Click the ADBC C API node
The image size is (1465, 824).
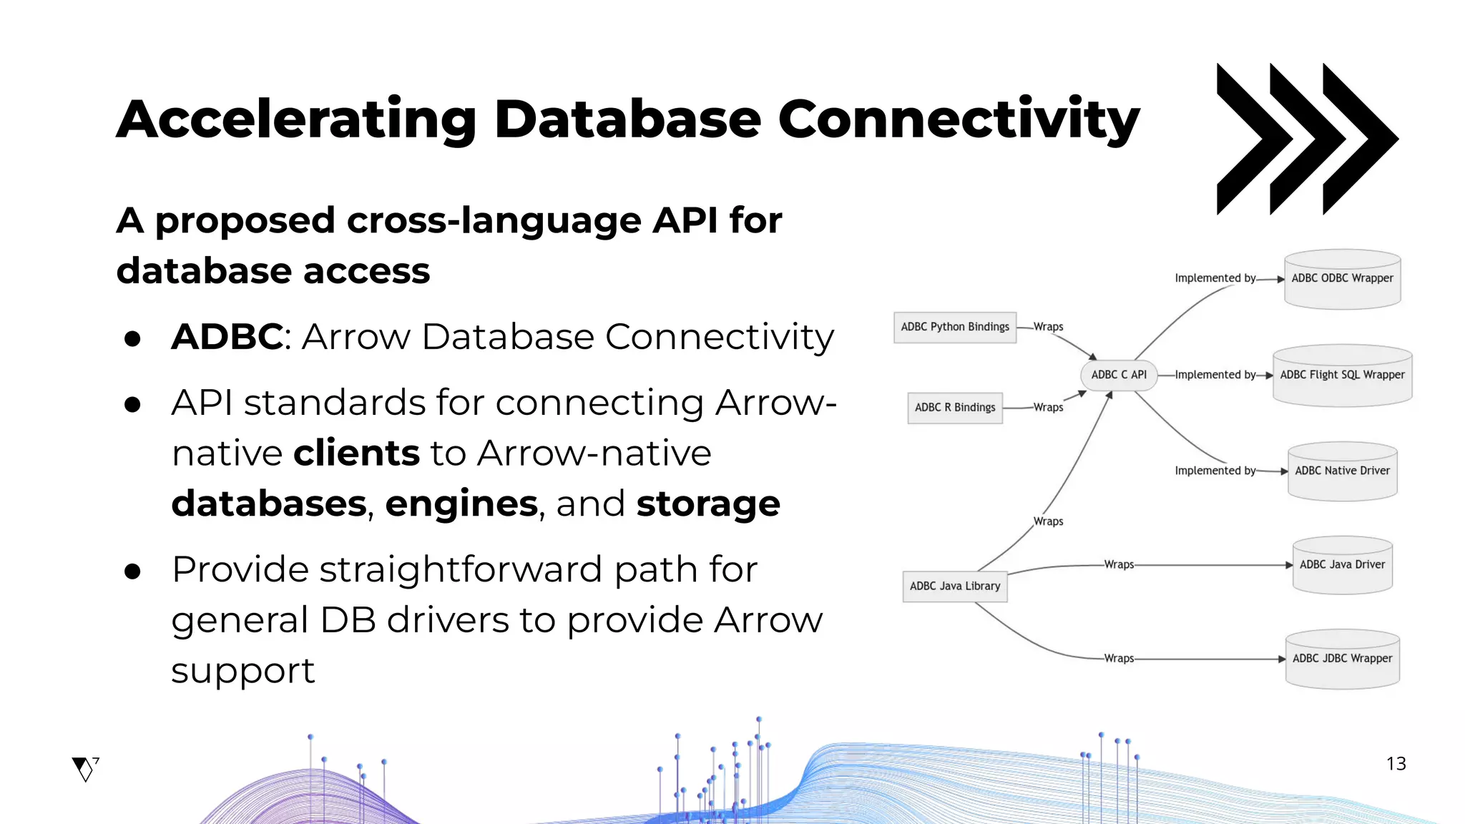(1119, 375)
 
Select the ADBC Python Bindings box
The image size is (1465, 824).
(955, 327)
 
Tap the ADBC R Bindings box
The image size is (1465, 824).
(955, 408)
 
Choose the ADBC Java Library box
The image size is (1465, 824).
(955, 586)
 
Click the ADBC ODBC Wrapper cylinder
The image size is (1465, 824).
(1342, 280)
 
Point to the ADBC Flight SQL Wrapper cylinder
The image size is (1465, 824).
(1342, 376)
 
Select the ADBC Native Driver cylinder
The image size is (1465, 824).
(1342, 471)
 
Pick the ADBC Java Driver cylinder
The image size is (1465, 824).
(1342, 565)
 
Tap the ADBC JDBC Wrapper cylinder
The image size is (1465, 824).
(1342, 659)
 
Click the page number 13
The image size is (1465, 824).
(1396, 764)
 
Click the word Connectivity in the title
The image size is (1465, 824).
(958, 119)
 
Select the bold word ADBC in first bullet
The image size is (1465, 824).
(227, 336)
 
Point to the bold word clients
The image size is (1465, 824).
(356, 453)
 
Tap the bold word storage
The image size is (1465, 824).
(707, 504)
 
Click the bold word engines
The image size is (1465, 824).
(461, 505)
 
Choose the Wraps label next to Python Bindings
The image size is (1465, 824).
(1048, 327)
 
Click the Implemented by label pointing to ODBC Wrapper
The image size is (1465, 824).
(1215, 278)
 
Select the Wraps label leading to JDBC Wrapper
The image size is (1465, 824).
(1119, 658)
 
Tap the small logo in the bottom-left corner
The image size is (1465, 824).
(85, 769)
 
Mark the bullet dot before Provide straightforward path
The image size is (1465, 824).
(132, 571)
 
